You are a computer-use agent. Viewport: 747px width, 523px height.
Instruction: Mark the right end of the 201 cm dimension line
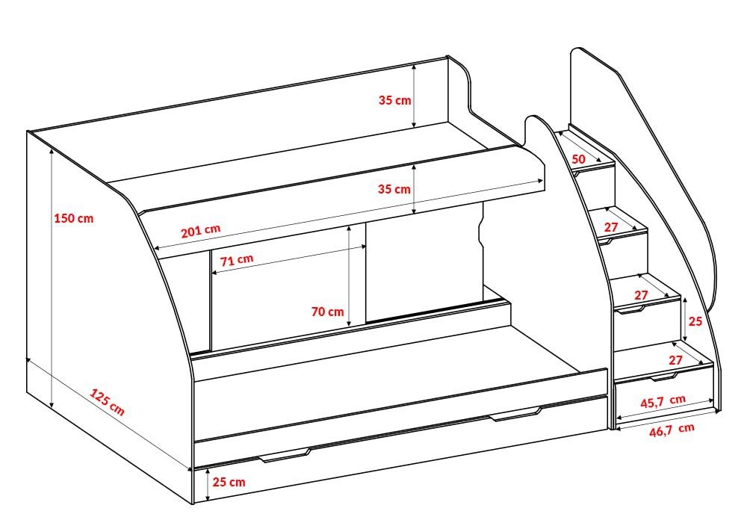543,181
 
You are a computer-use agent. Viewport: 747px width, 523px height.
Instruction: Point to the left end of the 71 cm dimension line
211,273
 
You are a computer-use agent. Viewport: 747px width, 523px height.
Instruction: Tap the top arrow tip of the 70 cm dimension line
350,226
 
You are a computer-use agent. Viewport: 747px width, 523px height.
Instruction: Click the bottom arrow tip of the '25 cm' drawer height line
208,501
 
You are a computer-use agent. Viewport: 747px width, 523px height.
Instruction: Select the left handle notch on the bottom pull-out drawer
285,455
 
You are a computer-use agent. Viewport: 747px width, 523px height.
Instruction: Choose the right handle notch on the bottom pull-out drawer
516,415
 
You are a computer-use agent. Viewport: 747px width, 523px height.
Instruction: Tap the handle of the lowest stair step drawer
664,377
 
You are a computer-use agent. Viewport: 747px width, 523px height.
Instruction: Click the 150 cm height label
74,219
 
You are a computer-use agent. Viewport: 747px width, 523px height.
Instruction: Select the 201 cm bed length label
200,231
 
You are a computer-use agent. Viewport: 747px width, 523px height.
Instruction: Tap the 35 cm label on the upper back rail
395,101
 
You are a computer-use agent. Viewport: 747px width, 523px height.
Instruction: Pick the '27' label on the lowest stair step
675,360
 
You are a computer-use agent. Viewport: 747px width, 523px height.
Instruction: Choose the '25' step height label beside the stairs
695,321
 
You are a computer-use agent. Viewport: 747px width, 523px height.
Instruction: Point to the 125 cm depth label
108,403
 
